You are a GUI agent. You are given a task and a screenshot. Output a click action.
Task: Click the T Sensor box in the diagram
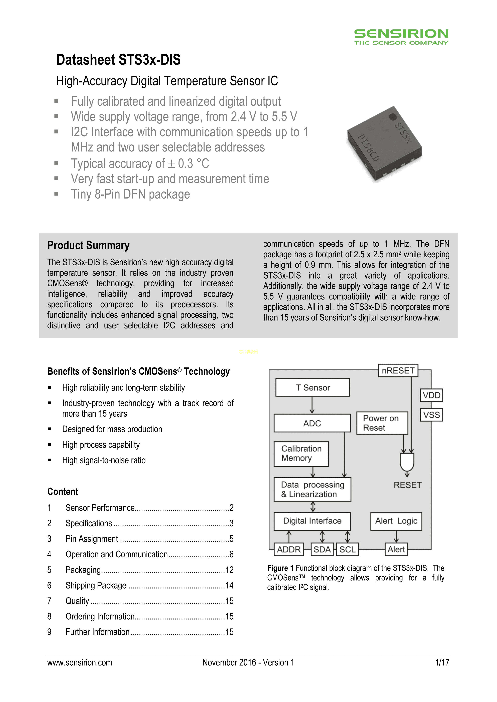[x=313, y=387]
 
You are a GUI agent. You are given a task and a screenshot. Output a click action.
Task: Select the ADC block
[x=312, y=423]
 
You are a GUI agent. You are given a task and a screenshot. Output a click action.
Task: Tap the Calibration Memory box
[x=301, y=453]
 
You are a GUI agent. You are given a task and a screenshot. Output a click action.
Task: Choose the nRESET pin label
[x=398, y=371]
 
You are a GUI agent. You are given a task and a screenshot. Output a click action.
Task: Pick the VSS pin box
[x=431, y=415]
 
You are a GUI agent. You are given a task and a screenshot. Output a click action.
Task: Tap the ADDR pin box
[x=289, y=550]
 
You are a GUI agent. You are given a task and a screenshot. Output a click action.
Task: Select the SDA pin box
[x=322, y=550]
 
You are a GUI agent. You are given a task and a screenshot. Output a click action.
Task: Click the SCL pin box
[x=347, y=550]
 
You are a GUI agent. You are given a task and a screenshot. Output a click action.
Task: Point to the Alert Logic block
[x=396, y=521]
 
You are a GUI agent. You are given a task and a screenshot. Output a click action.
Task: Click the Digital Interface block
[x=312, y=521]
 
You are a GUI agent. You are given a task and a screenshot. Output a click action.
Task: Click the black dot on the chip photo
[x=393, y=117]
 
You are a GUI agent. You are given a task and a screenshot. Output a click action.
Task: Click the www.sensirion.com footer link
[x=80, y=663]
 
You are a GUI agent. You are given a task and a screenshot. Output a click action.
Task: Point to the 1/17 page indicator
[x=442, y=663]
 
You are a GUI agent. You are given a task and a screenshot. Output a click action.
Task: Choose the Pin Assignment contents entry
[x=92, y=539]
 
